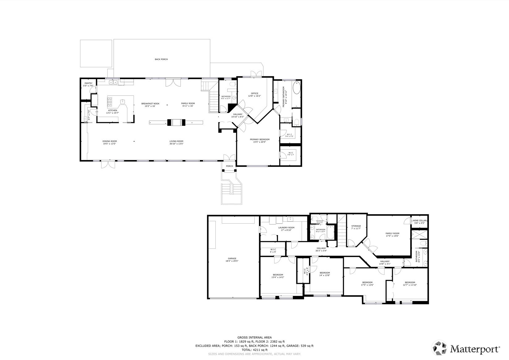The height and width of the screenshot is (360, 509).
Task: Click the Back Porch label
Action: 161,59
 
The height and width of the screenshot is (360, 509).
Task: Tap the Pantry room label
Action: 88,84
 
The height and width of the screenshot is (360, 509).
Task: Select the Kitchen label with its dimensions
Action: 112,112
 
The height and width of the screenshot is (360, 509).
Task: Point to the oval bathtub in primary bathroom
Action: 296,88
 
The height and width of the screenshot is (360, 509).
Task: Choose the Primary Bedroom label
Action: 260,141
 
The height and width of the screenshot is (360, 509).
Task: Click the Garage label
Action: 232,260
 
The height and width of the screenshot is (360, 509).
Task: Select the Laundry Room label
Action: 286,229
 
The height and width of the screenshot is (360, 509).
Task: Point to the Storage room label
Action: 356,227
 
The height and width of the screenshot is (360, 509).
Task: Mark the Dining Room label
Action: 109,142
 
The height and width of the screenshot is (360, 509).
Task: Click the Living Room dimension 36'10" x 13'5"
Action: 176,144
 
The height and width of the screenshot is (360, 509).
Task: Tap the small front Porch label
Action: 229,166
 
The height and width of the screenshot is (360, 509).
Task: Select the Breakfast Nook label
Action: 151,105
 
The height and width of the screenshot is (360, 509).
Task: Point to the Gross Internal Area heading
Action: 254,337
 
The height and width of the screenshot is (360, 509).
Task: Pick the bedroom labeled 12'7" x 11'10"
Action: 410,284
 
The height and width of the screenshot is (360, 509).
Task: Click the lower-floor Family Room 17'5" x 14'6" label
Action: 392,235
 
